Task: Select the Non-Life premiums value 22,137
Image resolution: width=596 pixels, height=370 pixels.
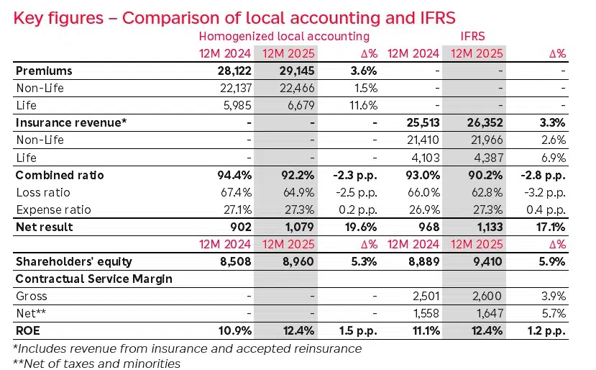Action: (234, 89)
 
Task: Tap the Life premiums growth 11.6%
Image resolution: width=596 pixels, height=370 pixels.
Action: (362, 106)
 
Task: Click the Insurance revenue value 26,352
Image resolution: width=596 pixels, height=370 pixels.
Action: (485, 123)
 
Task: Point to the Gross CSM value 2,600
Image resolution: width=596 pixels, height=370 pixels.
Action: (487, 296)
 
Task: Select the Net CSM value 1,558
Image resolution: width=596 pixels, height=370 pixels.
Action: (423, 313)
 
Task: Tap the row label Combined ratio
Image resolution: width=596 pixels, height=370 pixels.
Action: (60, 175)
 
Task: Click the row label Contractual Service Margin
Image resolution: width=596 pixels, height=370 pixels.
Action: (93, 279)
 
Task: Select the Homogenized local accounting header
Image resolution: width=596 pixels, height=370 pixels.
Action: (284, 36)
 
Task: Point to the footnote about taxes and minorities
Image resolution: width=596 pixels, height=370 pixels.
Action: (97, 362)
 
